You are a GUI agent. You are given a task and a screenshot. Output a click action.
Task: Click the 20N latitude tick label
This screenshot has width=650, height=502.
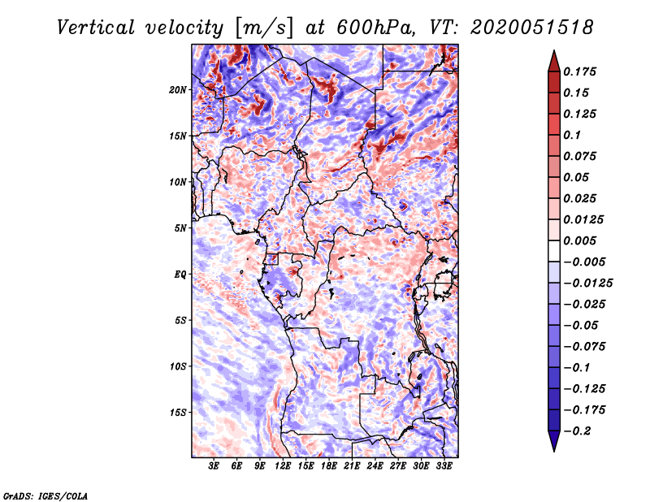pyautogui.click(x=179, y=89)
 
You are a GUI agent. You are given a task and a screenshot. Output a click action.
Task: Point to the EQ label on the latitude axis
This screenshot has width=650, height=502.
pyautogui.click(x=180, y=275)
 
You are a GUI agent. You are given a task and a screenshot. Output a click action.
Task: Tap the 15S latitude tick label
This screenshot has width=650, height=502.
pyautogui.click(x=179, y=413)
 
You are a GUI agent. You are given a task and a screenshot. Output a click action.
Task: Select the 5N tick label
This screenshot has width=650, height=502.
pyautogui.click(x=181, y=228)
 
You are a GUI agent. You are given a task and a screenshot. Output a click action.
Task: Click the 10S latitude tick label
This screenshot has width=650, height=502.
pyautogui.click(x=179, y=366)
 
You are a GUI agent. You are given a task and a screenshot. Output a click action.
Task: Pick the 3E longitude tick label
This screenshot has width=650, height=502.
pyautogui.click(x=214, y=466)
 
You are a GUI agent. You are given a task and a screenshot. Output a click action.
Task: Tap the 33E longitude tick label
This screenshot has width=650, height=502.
pyautogui.click(x=444, y=466)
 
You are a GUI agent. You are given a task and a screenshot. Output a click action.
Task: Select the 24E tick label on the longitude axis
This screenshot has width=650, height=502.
pyautogui.click(x=375, y=466)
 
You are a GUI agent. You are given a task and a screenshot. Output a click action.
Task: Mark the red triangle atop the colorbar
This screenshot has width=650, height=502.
pyautogui.click(x=553, y=59)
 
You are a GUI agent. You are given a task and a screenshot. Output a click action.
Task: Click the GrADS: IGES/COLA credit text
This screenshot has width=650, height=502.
pyautogui.click(x=44, y=495)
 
